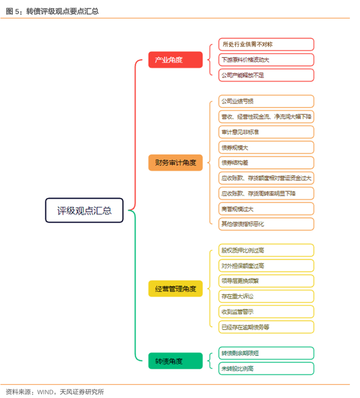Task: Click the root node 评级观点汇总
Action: coord(84,210)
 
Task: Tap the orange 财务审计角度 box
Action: coord(175,162)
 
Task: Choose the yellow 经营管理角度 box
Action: coord(175,288)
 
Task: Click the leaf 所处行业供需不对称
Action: coord(265,44)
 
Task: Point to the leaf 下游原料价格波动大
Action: coord(265,60)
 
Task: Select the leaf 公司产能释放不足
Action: coord(265,75)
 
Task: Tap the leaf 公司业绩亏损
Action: coord(265,101)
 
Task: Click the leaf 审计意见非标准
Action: coord(265,132)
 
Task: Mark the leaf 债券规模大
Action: coord(265,148)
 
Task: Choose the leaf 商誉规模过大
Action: coord(265,209)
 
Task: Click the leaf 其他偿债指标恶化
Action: coord(265,224)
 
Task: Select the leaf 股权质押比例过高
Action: coord(265,250)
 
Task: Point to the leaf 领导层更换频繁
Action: coord(265,281)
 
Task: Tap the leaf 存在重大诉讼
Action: coord(265,296)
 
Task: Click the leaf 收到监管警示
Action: coord(265,312)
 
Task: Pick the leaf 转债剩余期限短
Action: coord(265,353)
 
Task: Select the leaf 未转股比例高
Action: coord(265,369)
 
